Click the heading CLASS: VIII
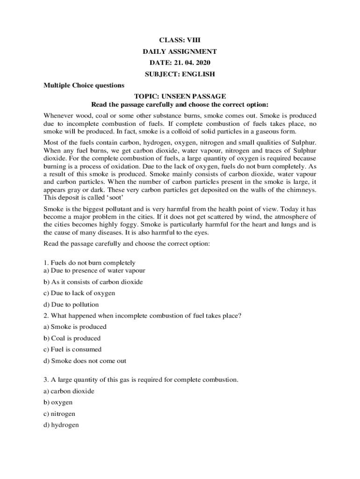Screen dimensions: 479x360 180,40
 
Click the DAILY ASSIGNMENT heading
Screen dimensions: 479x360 180,51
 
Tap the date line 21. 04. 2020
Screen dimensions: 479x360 180,63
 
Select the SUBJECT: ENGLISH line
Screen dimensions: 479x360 180,74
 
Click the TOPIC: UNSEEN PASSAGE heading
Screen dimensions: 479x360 180,96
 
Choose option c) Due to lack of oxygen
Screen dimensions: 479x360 79,293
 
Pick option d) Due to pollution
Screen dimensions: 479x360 71,305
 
